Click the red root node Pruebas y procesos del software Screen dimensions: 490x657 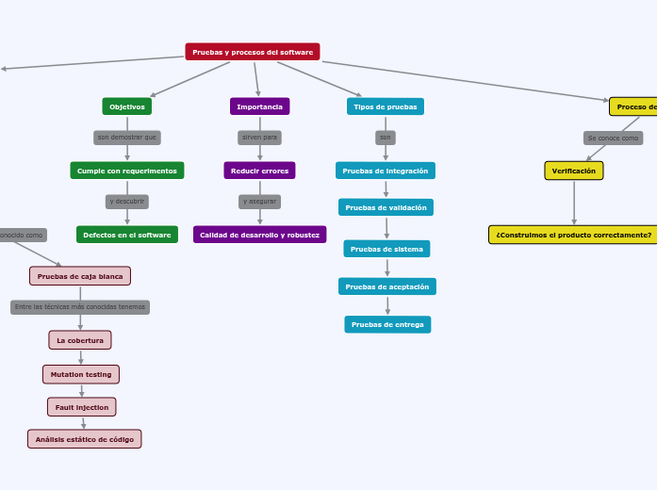(x=253, y=52)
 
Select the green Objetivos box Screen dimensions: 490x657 (x=127, y=106)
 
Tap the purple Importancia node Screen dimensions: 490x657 (x=259, y=106)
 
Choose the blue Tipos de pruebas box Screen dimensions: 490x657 (x=385, y=106)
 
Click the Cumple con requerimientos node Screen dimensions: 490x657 (x=127, y=171)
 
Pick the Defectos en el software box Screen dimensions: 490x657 (x=127, y=235)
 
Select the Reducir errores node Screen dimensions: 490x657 (x=259, y=171)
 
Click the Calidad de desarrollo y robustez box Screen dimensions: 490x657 (x=259, y=235)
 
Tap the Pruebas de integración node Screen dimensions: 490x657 (x=385, y=171)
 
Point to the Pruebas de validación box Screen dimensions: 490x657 (x=386, y=207)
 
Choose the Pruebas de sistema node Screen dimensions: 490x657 (x=386, y=249)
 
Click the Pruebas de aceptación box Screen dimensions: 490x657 (x=386, y=286)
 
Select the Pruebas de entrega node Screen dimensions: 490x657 (x=387, y=324)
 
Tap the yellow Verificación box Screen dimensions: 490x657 (x=573, y=171)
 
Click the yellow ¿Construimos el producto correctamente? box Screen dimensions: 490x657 (x=573, y=235)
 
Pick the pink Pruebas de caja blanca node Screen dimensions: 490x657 (x=80, y=276)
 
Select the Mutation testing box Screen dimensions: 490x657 (x=81, y=374)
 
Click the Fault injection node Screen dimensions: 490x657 (x=82, y=407)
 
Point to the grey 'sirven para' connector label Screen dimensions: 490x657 (x=259, y=138)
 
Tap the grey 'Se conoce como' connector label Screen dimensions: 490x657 (x=613, y=138)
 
